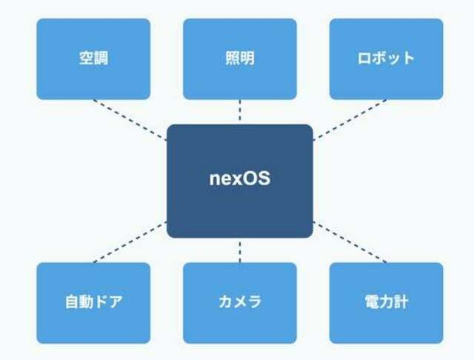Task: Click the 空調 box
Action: click(x=93, y=59)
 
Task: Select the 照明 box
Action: click(x=240, y=59)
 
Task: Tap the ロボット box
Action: click(x=386, y=59)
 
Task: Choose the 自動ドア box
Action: click(x=93, y=303)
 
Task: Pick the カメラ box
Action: click(x=240, y=303)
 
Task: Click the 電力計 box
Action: click(x=386, y=303)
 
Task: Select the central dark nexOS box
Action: click(x=240, y=181)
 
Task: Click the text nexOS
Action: click(x=240, y=179)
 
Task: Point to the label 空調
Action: click(x=93, y=58)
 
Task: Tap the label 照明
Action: click(x=240, y=58)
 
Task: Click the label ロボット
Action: click(x=386, y=58)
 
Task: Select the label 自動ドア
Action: click(x=94, y=301)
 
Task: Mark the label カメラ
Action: click(x=240, y=301)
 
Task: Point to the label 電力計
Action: click(x=387, y=301)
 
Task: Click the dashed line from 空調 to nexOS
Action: click(x=130, y=120)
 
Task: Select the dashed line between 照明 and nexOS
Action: click(x=240, y=110)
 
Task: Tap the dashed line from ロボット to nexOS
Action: click(x=350, y=120)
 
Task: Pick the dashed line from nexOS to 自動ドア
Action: click(x=130, y=242)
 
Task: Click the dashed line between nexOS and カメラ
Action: click(x=240, y=252)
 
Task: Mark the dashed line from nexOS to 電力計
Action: click(x=350, y=242)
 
